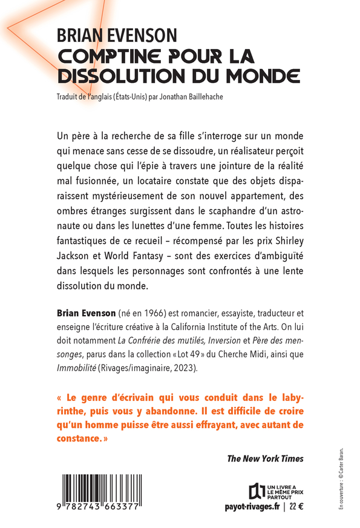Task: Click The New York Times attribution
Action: (264, 458)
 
